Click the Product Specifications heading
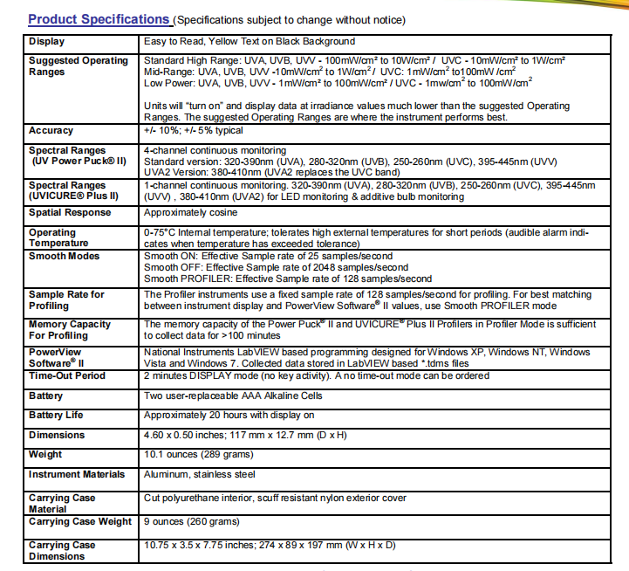[x=99, y=19]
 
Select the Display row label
[x=46, y=41]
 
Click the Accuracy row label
[x=51, y=130]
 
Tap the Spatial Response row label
[x=71, y=212]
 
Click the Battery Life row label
[x=57, y=415]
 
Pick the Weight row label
[x=45, y=454]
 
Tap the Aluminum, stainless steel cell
[x=200, y=474]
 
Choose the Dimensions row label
[x=57, y=435]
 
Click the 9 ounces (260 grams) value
[x=191, y=521]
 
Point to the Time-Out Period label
[x=67, y=375]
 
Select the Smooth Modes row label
[x=65, y=256]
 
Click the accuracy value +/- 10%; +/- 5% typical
[x=193, y=130]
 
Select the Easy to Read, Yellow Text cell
[x=237, y=41]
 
